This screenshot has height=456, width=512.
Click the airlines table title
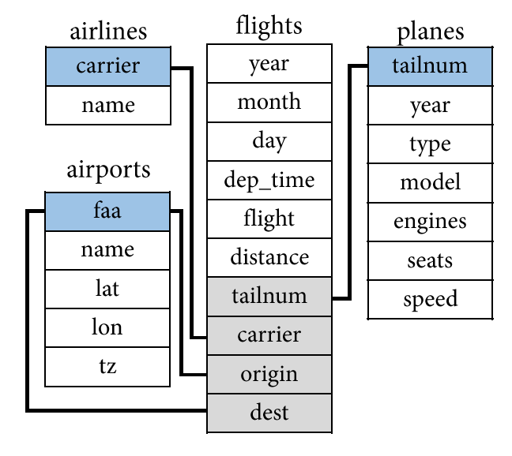(x=108, y=32)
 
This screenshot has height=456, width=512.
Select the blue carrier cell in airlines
(x=108, y=66)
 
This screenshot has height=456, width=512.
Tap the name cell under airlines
(x=108, y=105)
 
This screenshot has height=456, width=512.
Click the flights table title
(x=269, y=25)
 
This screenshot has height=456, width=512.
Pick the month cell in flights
(x=269, y=103)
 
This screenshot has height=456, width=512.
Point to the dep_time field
(x=269, y=180)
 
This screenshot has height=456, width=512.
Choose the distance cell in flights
(x=269, y=257)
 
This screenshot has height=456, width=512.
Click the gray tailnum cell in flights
(x=269, y=297)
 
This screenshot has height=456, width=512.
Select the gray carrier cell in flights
(x=269, y=335)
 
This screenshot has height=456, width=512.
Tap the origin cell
(x=269, y=374)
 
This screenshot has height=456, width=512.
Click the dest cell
(x=269, y=413)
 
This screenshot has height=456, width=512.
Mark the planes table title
(x=431, y=32)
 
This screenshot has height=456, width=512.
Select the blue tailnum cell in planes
(x=430, y=66)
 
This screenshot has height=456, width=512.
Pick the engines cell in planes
(x=430, y=222)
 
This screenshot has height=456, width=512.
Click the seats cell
(x=430, y=261)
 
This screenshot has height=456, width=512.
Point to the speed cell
(x=430, y=300)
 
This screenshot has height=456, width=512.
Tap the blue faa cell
(x=107, y=211)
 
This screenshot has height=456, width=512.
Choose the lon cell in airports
(x=107, y=327)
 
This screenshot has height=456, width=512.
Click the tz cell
(x=107, y=367)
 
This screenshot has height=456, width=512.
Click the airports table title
(x=108, y=170)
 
